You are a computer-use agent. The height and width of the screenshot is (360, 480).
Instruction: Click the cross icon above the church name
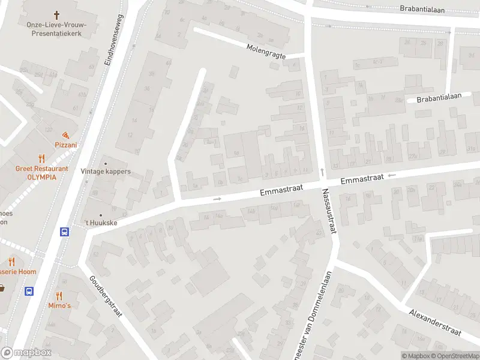tap(57, 14)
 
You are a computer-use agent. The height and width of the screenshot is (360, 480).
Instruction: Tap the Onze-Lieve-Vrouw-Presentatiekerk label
tap(57, 29)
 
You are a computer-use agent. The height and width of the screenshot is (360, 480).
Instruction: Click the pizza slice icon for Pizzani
tap(65, 135)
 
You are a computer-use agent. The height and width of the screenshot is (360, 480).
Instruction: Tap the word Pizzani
tap(66, 145)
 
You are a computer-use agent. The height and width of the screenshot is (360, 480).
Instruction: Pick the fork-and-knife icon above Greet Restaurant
tap(41, 159)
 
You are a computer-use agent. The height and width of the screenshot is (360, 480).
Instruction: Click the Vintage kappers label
tap(106, 172)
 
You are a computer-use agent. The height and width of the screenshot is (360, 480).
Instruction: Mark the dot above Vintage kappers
tap(106, 163)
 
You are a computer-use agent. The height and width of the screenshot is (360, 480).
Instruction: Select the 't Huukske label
tap(100, 223)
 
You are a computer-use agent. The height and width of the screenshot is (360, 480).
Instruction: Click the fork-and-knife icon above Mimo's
tap(59, 295)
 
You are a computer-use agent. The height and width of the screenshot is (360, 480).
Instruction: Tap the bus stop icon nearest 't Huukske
tap(64, 232)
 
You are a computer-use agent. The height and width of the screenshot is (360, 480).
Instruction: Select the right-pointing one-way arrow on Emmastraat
tap(217, 199)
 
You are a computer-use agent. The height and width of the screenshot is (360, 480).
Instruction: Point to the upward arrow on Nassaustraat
tap(322, 172)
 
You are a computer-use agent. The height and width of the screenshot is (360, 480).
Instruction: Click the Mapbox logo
tap(26, 353)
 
